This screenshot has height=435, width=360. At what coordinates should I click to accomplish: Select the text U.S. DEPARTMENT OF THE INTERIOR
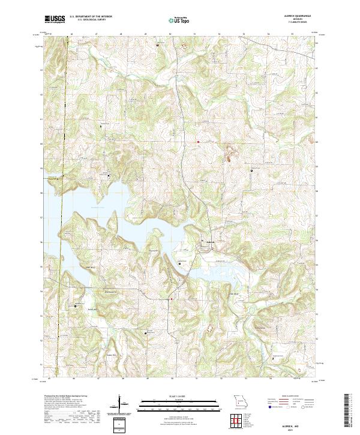pyautogui.click(x=91, y=16)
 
